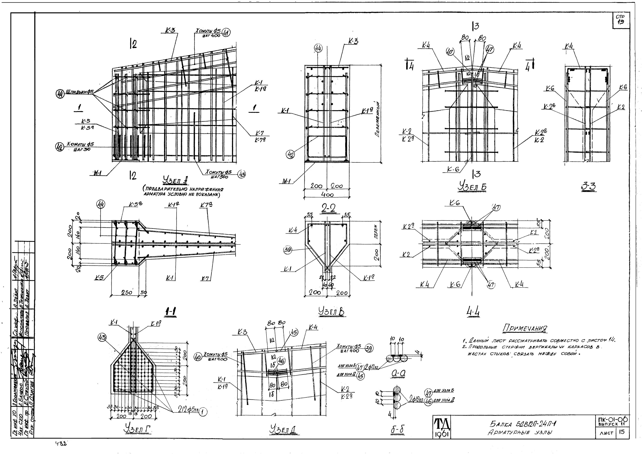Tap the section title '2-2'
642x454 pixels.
[328, 208]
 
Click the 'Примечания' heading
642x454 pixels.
[525, 328]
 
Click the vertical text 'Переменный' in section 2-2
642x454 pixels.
[378, 119]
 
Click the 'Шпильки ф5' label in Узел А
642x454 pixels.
[80, 92]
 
